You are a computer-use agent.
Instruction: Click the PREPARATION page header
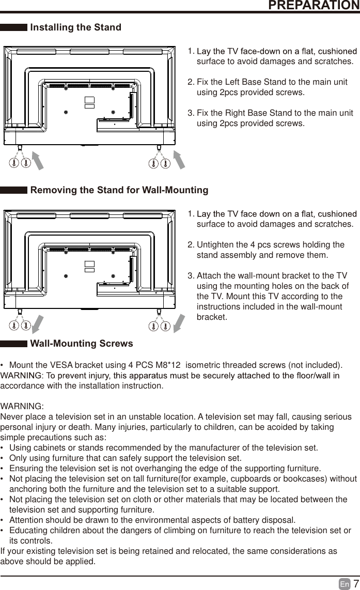pos(314,6)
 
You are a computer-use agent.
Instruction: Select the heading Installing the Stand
pos(76,27)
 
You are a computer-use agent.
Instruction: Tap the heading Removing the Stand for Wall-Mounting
pos(119,190)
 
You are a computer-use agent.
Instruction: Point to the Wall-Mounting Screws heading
pos(82,344)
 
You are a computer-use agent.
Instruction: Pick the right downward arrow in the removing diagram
pos(179,323)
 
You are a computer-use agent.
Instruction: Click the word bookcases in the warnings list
pos(306,478)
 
